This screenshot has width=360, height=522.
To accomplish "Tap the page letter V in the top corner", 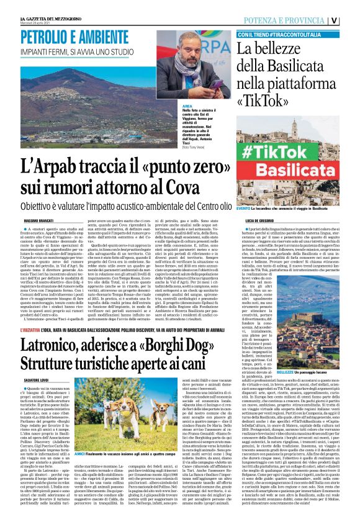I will (352, 20).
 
